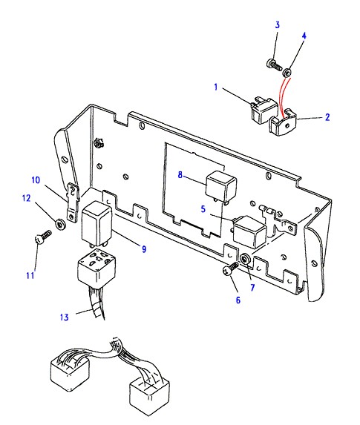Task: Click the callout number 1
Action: pos(216,88)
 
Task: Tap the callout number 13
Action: pos(65,317)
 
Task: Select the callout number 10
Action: pos(36,180)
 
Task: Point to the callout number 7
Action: pos(252,288)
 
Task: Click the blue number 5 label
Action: pos(203,209)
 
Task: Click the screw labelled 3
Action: pos(275,65)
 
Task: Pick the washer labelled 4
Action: pos(287,73)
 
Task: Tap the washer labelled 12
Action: pos(60,224)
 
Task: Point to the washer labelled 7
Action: pos(246,259)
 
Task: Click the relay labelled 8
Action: pos(221,186)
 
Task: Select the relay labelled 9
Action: pos(96,223)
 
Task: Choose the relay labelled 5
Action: pos(249,231)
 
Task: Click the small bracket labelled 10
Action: pos(73,202)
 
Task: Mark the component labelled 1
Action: pos(264,110)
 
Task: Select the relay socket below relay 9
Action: pos(96,268)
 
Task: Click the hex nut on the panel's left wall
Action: pos(98,142)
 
